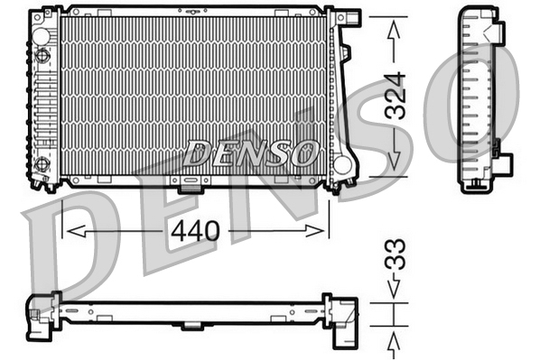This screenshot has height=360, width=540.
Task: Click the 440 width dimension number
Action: coord(194,231)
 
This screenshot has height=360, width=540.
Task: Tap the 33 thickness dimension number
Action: coord(395,254)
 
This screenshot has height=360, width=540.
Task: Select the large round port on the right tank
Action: coord(341,164)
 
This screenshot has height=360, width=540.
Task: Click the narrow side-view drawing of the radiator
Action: coord(479,99)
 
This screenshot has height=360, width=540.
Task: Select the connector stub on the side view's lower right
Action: coord(502,164)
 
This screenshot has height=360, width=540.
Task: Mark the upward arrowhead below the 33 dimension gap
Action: coord(395,340)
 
